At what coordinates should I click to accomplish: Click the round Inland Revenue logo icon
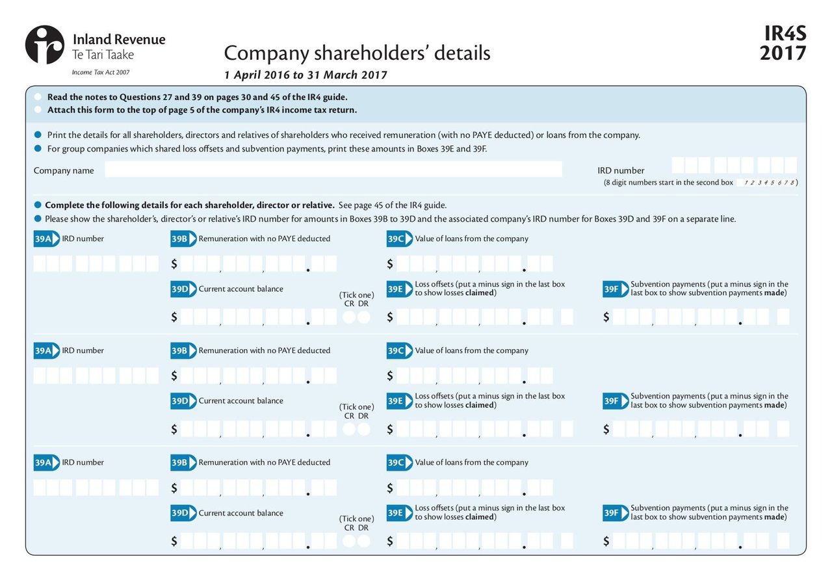45,45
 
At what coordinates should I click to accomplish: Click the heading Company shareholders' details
357,53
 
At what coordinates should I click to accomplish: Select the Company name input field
333,170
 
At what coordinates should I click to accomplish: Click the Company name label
64,171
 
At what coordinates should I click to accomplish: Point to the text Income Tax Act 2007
100,73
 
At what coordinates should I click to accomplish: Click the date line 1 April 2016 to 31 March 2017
305,75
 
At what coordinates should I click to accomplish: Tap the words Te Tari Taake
103,55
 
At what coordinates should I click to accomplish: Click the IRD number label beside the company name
621,171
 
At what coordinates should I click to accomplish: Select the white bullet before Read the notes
38,97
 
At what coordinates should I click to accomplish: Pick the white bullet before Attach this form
38,110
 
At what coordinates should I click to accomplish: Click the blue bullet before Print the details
38,135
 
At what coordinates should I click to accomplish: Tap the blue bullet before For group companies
38,148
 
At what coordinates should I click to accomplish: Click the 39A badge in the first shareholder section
46,239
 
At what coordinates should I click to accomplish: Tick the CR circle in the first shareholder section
350,317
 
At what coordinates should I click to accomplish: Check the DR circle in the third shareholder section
364,541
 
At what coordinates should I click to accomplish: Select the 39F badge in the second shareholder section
614,401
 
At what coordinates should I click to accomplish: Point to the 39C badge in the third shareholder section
398,463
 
